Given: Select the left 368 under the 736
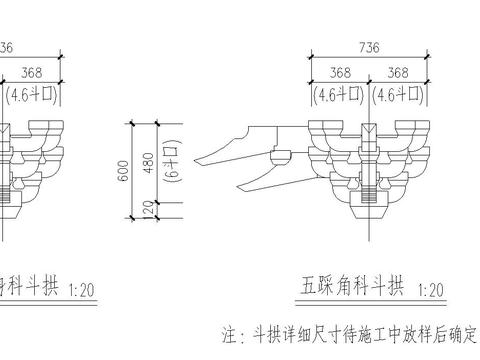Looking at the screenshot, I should click(339, 73).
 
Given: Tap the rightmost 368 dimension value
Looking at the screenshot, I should click(397, 73).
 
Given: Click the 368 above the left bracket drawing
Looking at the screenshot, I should click(29, 73).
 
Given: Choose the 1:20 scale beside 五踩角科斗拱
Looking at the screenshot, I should click(433, 290).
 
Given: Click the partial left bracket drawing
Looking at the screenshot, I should click(20, 165).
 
